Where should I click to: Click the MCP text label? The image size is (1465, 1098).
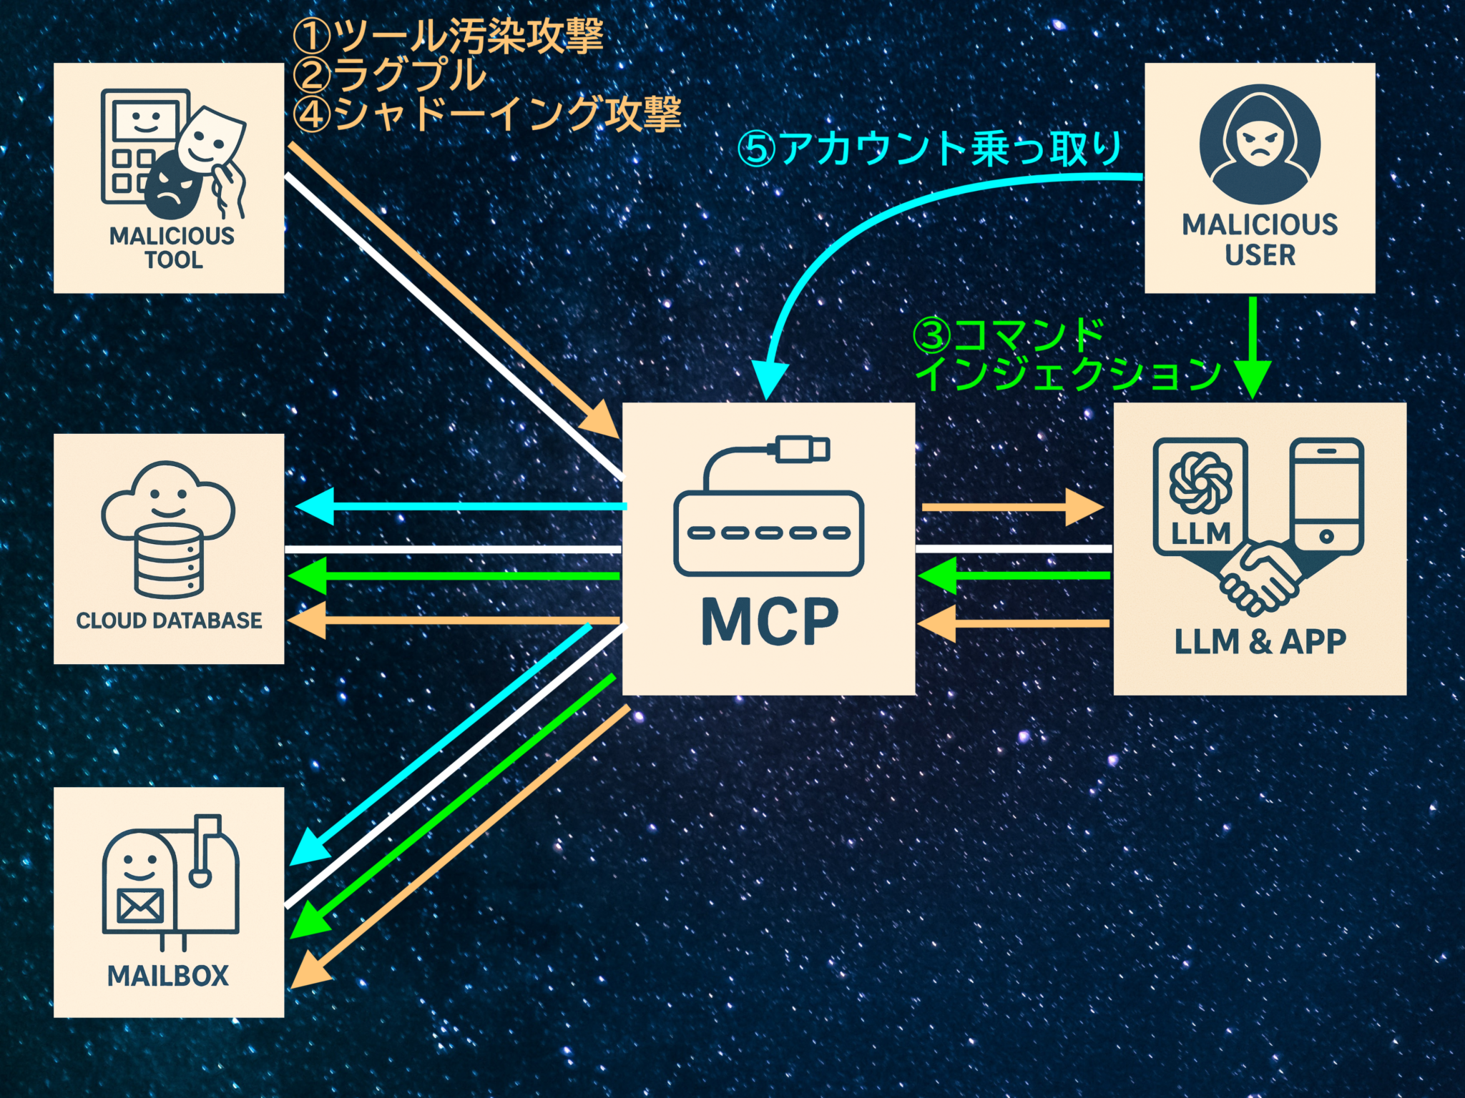(x=769, y=622)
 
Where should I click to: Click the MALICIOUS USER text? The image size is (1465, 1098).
(x=1260, y=239)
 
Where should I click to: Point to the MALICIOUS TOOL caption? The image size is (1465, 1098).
(x=172, y=247)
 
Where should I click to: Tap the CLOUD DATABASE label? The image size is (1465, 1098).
(x=170, y=620)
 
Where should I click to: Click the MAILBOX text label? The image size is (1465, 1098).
(x=168, y=976)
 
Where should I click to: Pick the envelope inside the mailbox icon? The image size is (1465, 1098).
(x=140, y=907)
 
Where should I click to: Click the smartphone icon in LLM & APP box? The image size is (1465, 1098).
(x=1326, y=497)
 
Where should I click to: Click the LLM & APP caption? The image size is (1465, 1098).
(x=1260, y=641)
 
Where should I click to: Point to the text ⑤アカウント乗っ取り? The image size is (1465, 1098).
(x=930, y=149)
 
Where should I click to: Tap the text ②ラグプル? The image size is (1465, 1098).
(x=390, y=75)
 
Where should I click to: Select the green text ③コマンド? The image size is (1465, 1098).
(x=1009, y=335)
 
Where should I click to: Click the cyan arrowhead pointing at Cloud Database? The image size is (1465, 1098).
(x=315, y=507)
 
